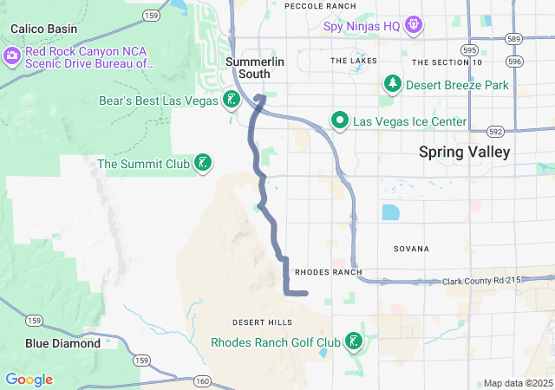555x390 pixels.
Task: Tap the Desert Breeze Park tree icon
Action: point(393,84)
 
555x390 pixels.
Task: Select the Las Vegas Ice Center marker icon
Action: point(341,120)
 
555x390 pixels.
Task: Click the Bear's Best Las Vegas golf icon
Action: point(231,99)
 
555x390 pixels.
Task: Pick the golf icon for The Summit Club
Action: point(203,163)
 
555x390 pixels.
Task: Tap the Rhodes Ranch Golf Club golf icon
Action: point(353,341)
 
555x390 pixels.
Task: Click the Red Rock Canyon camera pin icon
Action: point(12,57)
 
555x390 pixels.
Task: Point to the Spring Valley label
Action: point(464,152)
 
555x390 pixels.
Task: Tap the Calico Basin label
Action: point(43,29)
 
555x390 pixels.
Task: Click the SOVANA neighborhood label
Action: point(411,249)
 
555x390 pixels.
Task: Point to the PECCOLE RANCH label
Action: point(320,6)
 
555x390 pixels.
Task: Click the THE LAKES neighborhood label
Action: point(353,61)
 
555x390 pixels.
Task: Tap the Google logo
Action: point(29,380)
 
